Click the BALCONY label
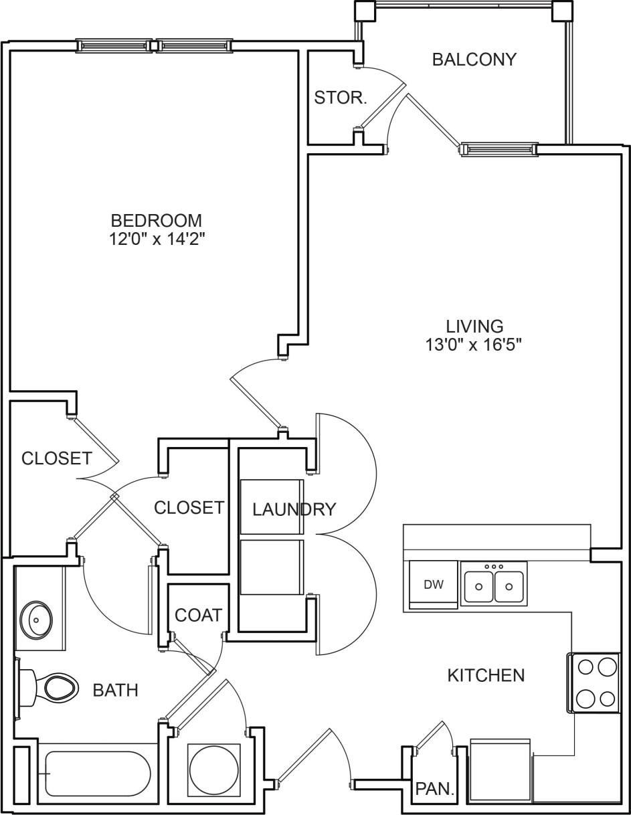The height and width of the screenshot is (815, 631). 474,60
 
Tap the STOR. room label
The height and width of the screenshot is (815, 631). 341,98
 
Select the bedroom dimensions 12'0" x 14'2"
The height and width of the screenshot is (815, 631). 157,240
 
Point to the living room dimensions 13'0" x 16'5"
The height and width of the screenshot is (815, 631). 474,345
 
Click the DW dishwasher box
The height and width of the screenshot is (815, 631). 433,584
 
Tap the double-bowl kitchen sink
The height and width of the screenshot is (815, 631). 494,584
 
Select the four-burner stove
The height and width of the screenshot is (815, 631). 594,683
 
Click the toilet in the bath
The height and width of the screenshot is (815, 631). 54,687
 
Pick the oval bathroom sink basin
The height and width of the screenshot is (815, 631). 36,619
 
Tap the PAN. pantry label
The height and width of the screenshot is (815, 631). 434,789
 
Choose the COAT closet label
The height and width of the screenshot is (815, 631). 198,614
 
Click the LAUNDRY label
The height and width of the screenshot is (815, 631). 294,509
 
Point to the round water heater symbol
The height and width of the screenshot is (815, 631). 213,769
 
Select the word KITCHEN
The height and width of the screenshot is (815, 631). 486,675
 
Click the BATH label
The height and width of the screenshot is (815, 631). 115,690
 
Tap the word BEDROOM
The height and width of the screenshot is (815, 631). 156,220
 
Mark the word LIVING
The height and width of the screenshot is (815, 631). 474,326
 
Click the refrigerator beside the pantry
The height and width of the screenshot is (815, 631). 500,769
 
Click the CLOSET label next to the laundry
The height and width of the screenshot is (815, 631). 189,508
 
